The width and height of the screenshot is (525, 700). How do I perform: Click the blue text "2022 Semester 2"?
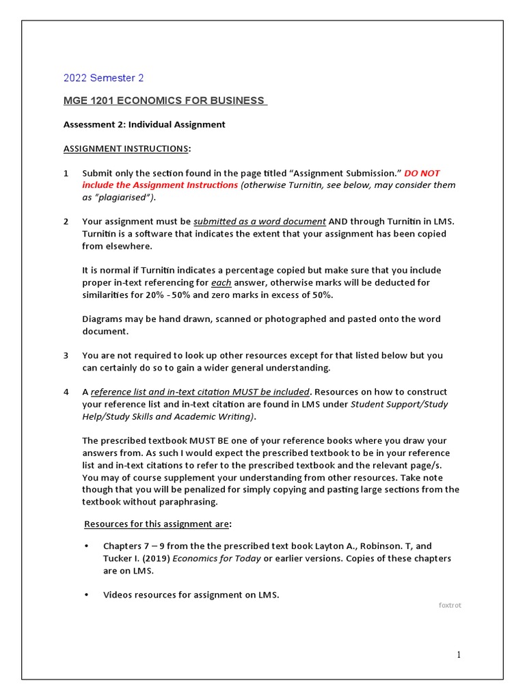click(x=103, y=78)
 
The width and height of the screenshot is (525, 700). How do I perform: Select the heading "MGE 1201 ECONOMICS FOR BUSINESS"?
click(x=164, y=100)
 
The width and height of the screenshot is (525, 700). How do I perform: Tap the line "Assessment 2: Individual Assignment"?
click(x=144, y=124)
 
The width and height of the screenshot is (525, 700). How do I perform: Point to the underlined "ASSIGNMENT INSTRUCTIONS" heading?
click(x=126, y=148)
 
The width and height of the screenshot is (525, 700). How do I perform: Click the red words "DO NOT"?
click(x=422, y=173)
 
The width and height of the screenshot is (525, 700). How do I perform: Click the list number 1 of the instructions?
click(x=66, y=173)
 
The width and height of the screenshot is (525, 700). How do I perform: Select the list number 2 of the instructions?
click(x=66, y=221)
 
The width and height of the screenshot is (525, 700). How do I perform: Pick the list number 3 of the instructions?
click(x=66, y=355)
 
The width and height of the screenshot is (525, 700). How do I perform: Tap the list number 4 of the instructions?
click(x=66, y=392)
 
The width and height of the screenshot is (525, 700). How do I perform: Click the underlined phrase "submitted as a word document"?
click(x=260, y=221)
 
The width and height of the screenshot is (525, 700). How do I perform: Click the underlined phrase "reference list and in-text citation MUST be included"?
click(x=200, y=392)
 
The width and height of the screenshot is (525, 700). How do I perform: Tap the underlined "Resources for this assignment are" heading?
click(x=157, y=524)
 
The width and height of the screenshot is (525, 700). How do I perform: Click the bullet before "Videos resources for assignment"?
click(x=86, y=595)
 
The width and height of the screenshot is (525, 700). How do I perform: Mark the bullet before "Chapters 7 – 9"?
click(x=86, y=546)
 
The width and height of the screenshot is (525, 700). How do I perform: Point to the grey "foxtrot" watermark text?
click(x=450, y=605)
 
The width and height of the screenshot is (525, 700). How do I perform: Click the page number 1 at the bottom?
click(x=459, y=655)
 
